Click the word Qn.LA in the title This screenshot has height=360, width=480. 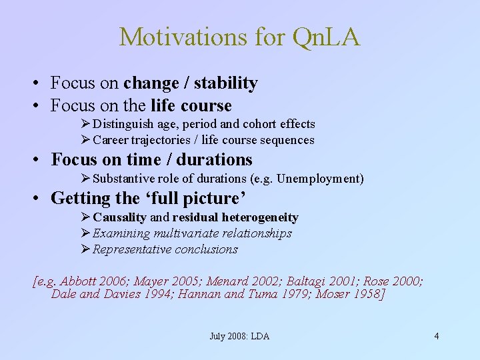[x=326, y=37]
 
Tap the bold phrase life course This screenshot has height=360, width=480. [x=191, y=105]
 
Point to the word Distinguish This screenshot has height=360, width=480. [x=122, y=124]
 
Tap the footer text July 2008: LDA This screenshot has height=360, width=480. [x=239, y=336]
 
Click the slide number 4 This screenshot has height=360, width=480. [x=437, y=336]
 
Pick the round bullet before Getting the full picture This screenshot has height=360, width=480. [x=41, y=199]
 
